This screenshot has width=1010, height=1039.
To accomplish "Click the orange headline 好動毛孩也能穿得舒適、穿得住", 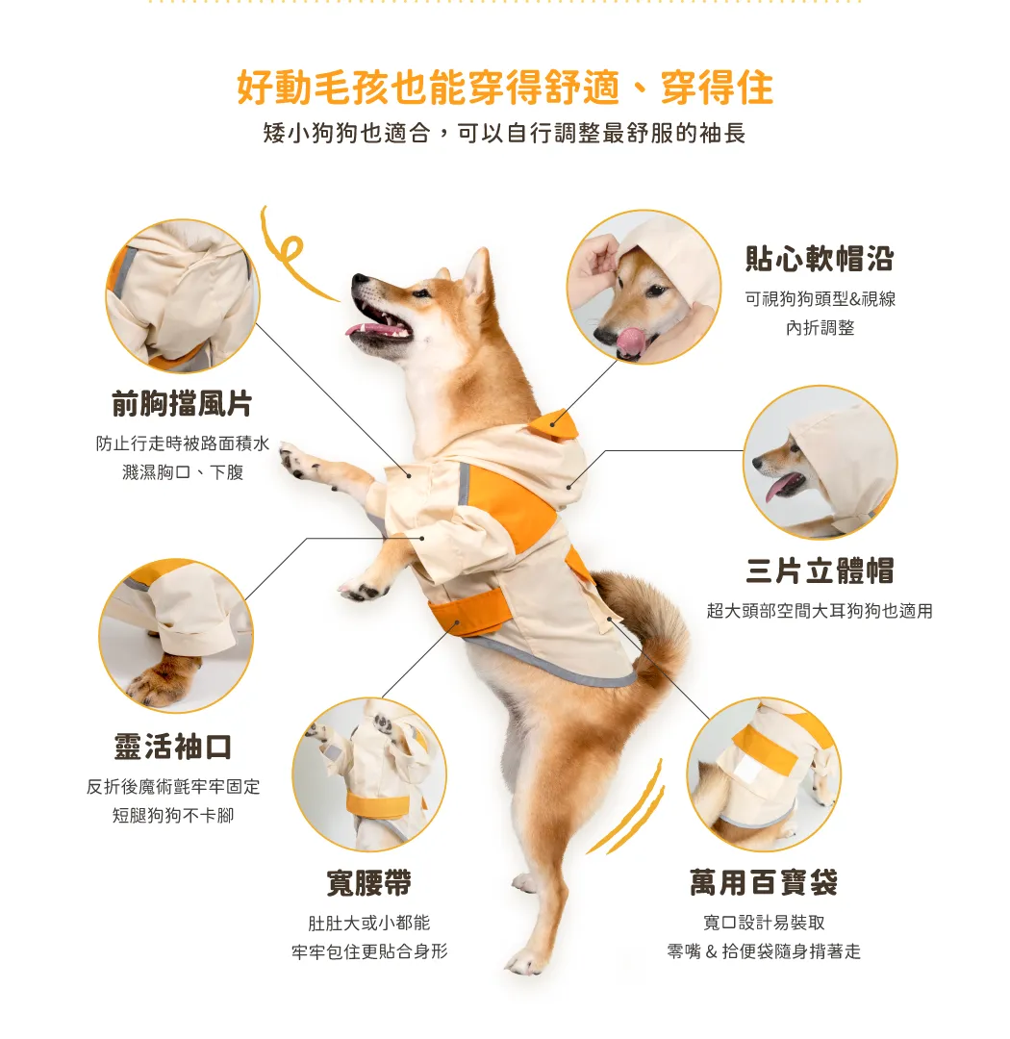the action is click(505, 88).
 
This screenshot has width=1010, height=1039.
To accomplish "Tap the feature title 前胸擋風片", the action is click(182, 403).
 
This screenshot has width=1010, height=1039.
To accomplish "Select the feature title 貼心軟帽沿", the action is click(820, 259).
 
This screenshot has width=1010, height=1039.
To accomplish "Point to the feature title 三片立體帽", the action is click(820, 570).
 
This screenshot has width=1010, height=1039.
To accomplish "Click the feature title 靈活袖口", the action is click(173, 747).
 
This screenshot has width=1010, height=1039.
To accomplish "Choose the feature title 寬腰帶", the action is click(369, 882).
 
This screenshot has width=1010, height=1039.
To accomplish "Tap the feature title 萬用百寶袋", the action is click(764, 882).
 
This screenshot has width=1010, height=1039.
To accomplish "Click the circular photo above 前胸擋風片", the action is click(183, 296).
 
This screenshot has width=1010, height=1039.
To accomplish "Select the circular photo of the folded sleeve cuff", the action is click(176, 636).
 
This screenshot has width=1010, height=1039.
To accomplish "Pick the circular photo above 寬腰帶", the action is click(369, 774).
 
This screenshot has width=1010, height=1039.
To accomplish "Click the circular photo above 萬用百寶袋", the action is click(764, 774).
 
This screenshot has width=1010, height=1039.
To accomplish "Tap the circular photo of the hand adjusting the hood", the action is click(644, 287).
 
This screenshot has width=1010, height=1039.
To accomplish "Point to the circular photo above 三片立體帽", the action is click(820, 463).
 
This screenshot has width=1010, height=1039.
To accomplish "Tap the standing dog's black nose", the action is click(359, 279).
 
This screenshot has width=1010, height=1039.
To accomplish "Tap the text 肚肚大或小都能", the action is click(369, 923).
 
